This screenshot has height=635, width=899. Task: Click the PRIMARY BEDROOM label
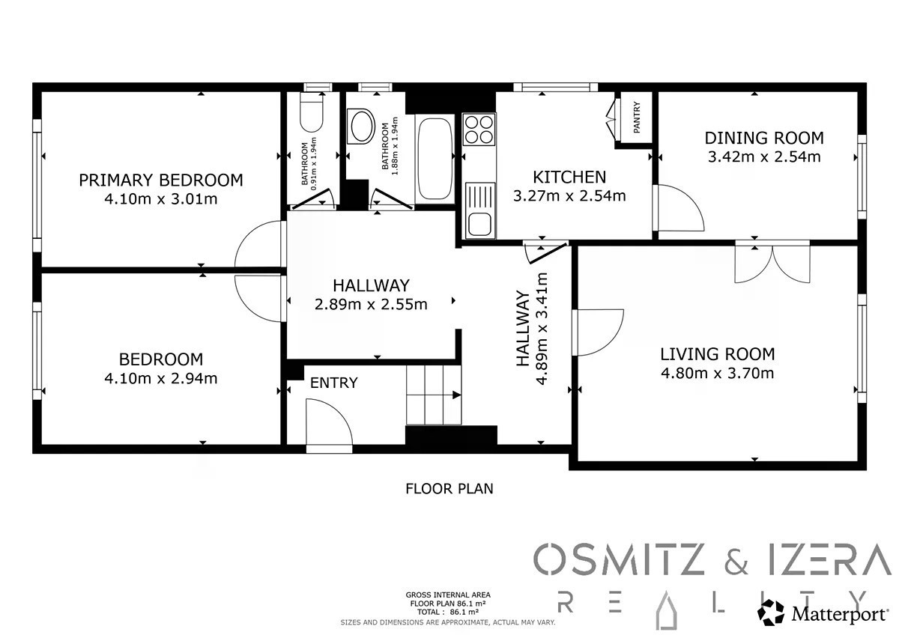pos(161,180)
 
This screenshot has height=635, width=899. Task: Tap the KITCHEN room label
pos(569,177)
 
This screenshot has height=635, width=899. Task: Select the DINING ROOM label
pos(764,138)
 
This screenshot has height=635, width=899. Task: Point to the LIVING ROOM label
pos(718,354)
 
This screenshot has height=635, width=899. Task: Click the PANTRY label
pos(637,117)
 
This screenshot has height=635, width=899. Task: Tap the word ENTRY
pos(334,383)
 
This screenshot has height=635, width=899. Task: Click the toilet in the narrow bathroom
pos(312,112)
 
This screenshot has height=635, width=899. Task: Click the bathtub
pos(435,159)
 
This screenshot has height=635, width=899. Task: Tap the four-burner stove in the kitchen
pos(479,130)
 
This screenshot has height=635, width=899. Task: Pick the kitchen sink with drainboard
pos(480,210)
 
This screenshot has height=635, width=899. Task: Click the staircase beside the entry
pos(434,395)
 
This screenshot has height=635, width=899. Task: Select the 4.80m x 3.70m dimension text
pos(718,374)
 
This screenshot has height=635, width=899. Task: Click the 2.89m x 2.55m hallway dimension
pos(371,305)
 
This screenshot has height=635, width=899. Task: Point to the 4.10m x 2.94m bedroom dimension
pos(161,378)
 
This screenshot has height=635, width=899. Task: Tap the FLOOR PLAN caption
pos(449,488)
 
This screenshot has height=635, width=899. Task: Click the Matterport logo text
pos(840,614)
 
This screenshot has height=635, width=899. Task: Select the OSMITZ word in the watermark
pos(619,559)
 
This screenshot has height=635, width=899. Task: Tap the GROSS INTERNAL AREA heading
pos(448,595)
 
